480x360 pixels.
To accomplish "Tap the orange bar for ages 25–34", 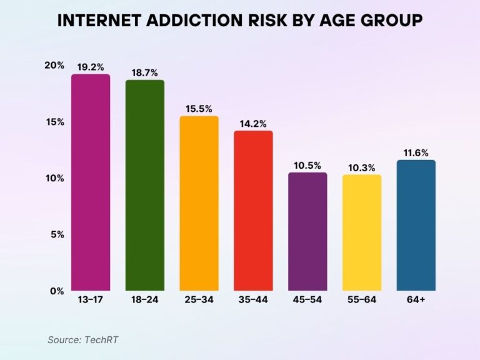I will click(x=199, y=204).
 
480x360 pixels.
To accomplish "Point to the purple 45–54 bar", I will click(x=307, y=231).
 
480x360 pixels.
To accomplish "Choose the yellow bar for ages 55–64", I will click(x=361, y=232).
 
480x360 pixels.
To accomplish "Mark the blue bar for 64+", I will click(x=416, y=225).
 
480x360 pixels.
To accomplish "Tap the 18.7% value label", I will click(x=144, y=72).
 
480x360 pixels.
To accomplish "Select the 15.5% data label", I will click(x=199, y=108).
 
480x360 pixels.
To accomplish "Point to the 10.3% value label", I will click(x=361, y=167).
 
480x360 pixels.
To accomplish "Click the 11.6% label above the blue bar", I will click(x=416, y=152).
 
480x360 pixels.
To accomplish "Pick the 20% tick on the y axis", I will click(x=55, y=65).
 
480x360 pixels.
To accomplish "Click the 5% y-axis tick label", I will click(x=57, y=234).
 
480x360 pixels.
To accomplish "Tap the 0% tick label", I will click(x=57, y=291).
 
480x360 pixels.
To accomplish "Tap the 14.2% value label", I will click(x=253, y=123).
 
